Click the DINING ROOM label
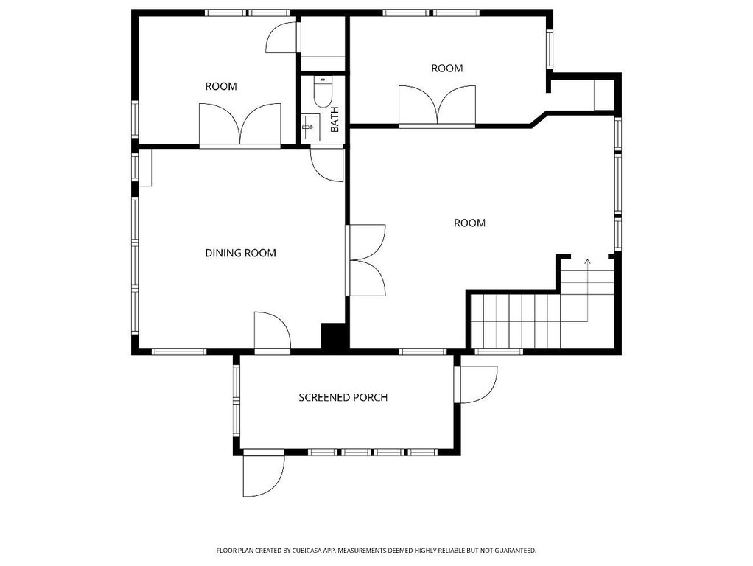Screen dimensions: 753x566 coord(240,253)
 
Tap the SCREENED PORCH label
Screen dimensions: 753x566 coord(343,397)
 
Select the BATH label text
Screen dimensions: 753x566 coord(335,119)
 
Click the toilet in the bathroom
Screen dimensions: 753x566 coord(322,92)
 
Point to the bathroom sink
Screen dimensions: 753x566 coord(311,127)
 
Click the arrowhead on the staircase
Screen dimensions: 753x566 coord(587,262)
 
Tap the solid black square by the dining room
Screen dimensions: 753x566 coord(333,336)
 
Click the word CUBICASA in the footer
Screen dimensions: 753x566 coord(307,551)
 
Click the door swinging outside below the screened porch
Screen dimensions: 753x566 coord(263,475)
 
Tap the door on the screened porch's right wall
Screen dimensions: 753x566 coord(475,385)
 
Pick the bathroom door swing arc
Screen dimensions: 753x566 coord(327,165)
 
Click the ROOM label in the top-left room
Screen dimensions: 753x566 coord(221,86)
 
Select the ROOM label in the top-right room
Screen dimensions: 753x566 coord(447,69)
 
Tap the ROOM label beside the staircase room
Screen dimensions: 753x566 coord(469,223)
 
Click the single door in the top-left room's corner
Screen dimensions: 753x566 coord(281,37)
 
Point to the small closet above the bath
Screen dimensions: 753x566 coord(323,43)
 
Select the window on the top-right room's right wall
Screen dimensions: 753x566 coord(550,49)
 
